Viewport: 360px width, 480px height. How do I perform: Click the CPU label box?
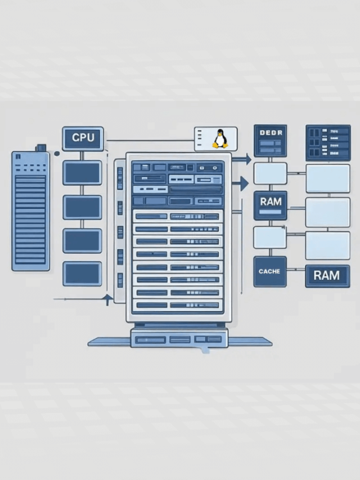[83, 138]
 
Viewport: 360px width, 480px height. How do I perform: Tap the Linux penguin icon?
[219, 138]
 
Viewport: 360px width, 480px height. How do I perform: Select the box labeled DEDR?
[270, 141]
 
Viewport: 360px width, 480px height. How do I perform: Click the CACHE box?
[269, 271]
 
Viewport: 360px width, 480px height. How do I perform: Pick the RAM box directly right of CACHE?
[327, 276]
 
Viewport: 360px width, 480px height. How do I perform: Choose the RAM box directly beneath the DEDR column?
[270, 205]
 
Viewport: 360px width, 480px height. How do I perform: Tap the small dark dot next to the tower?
[56, 153]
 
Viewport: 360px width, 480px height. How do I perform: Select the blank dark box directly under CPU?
[82, 173]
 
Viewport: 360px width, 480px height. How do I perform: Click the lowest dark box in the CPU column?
[82, 273]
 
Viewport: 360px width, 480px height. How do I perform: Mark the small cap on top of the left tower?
[40, 147]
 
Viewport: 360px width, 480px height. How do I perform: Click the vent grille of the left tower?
[30, 219]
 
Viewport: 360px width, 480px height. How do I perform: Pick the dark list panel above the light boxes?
[327, 143]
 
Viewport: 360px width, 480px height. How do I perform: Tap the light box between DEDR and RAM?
[270, 173]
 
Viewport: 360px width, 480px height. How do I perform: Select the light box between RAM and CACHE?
[270, 237]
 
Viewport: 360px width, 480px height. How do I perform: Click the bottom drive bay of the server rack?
[178, 305]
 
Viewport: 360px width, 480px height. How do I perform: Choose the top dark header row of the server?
[178, 167]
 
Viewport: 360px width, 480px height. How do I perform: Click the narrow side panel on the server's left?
[120, 231]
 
